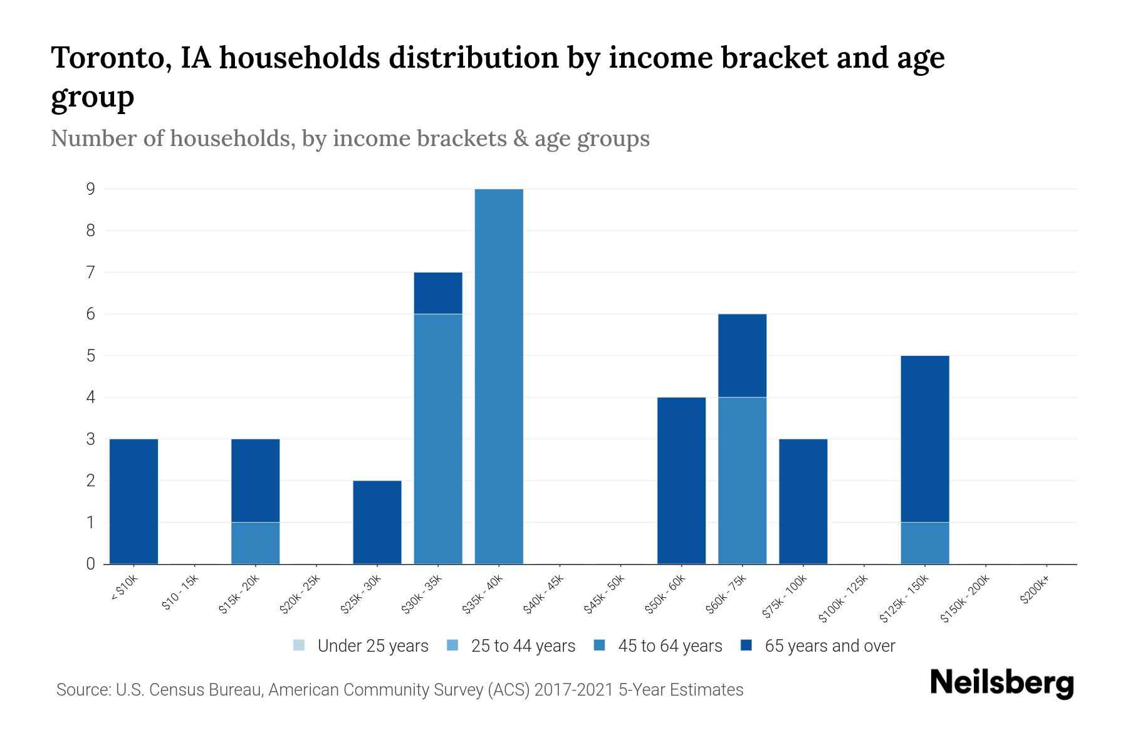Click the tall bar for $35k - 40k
tap(499, 376)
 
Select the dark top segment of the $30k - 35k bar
tap(438, 293)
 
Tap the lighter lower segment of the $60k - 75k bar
tap(742, 481)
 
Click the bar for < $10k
tap(133, 501)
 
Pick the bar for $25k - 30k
tap(377, 522)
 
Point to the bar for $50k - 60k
tap(681, 481)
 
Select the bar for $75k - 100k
tap(803, 501)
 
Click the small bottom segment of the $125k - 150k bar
tap(924, 543)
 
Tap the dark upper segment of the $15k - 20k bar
tap(255, 481)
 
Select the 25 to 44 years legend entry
tap(512, 645)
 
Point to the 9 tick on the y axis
tap(91, 189)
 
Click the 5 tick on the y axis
tap(91, 355)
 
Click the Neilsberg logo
tap(1001, 683)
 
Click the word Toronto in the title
tap(107, 58)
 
